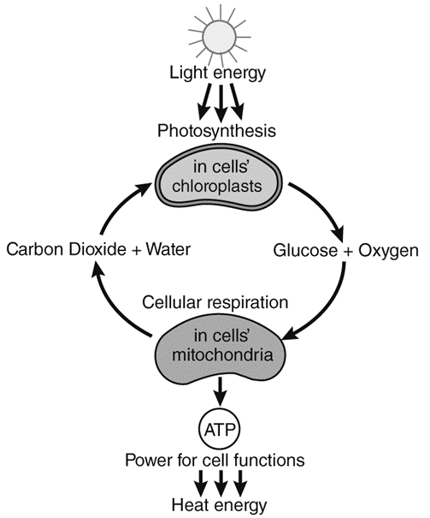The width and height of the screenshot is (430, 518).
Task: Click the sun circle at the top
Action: [x=220, y=37]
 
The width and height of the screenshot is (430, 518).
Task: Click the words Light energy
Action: [x=217, y=74]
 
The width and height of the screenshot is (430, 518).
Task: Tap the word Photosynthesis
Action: [x=216, y=131]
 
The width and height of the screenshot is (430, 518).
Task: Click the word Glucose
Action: [x=305, y=250]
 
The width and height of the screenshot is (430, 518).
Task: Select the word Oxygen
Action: [x=388, y=251]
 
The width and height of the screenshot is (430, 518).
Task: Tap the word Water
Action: [x=168, y=249]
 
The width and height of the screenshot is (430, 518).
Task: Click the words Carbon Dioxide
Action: [x=66, y=249]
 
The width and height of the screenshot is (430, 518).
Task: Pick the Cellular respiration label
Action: [x=215, y=302]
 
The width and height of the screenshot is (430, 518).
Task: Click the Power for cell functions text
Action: [x=215, y=460]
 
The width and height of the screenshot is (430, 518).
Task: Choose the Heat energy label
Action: [x=219, y=505]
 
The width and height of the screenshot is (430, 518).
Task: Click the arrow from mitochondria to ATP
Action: [x=220, y=390]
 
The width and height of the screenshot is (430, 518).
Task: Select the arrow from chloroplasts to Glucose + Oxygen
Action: [x=321, y=207]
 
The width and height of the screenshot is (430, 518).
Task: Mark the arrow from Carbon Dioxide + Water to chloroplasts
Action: [x=120, y=205]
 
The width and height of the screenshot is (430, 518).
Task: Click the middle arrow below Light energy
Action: [x=221, y=103]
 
